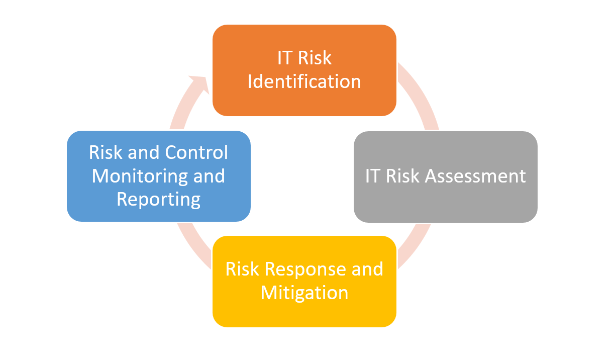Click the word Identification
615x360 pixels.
click(x=304, y=81)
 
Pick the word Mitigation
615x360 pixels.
click(x=304, y=293)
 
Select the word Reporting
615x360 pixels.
click(x=159, y=200)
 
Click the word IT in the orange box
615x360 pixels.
click(x=285, y=58)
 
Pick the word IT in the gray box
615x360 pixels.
click(x=372, y=176)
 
